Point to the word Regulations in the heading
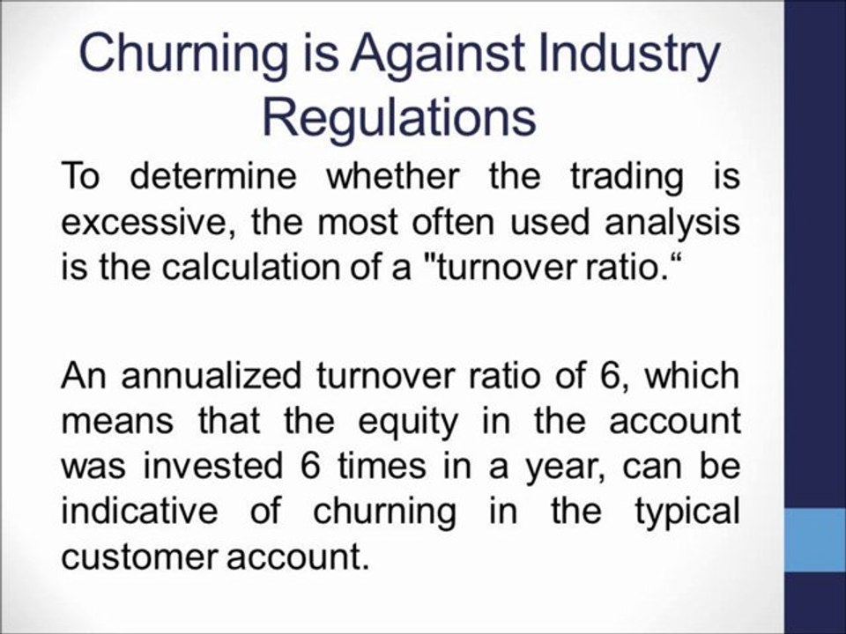pyautogui.click(x=401, y=118)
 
